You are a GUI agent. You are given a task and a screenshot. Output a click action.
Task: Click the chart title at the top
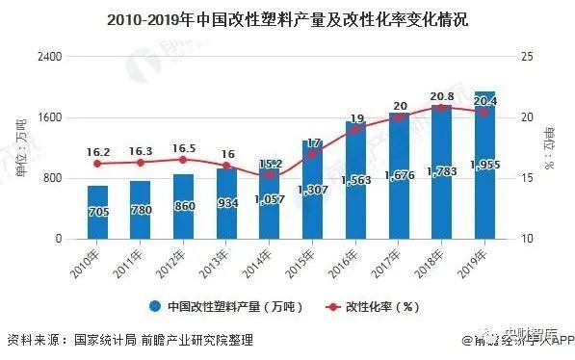[x=287, y=19]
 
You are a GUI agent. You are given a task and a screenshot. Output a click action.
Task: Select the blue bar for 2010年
[x=97, y=212]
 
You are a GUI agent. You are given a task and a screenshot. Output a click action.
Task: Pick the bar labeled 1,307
[x=312, y=189]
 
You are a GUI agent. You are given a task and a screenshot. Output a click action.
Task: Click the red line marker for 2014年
[x=269, y=174]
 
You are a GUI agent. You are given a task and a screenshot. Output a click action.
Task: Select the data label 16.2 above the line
[x=98, y=151]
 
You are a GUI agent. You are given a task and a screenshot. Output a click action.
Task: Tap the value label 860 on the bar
[x=183, y=208]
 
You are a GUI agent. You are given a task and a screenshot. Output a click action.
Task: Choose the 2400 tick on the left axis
[x=48, y=57]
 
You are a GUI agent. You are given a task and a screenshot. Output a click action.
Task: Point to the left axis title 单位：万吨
[x=21, y=147]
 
